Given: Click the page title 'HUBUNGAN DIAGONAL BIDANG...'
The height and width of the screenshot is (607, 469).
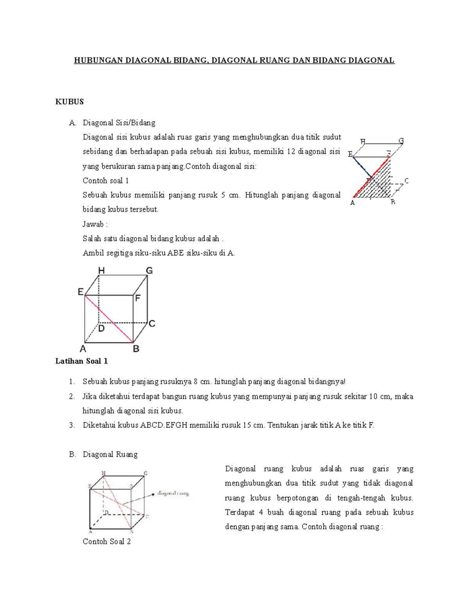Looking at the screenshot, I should pos(234,61).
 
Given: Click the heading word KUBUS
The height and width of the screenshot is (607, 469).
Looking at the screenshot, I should pos(70,102).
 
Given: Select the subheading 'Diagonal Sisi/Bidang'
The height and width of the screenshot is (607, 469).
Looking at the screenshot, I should pos(119,123).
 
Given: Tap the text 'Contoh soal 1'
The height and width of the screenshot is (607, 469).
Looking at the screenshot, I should pos(106,181).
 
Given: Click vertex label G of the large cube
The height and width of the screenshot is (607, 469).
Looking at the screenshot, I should pos(149,270).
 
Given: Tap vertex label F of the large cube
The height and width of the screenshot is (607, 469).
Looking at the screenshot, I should pos(138,298).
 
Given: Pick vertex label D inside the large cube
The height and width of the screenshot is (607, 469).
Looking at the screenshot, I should pos(101,329).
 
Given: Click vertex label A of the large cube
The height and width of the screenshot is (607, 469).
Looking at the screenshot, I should pos(83,349).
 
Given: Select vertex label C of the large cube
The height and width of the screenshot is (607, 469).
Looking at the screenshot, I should pos(152,324).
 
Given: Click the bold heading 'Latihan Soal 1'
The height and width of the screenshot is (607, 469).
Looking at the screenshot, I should pos(81,361).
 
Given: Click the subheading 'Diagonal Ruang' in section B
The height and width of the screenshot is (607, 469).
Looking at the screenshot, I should pos(110,454).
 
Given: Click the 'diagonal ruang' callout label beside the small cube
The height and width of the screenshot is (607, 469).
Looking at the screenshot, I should pos(173,493).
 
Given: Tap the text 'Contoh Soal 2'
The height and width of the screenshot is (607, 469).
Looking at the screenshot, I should pos(106,541).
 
